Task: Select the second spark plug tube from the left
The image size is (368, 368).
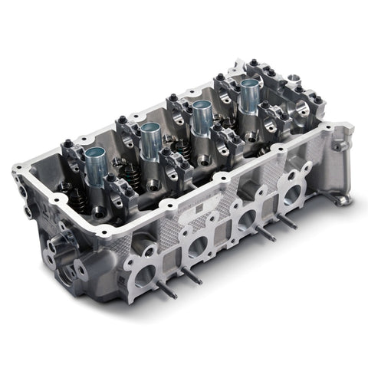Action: click(150, 143)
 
